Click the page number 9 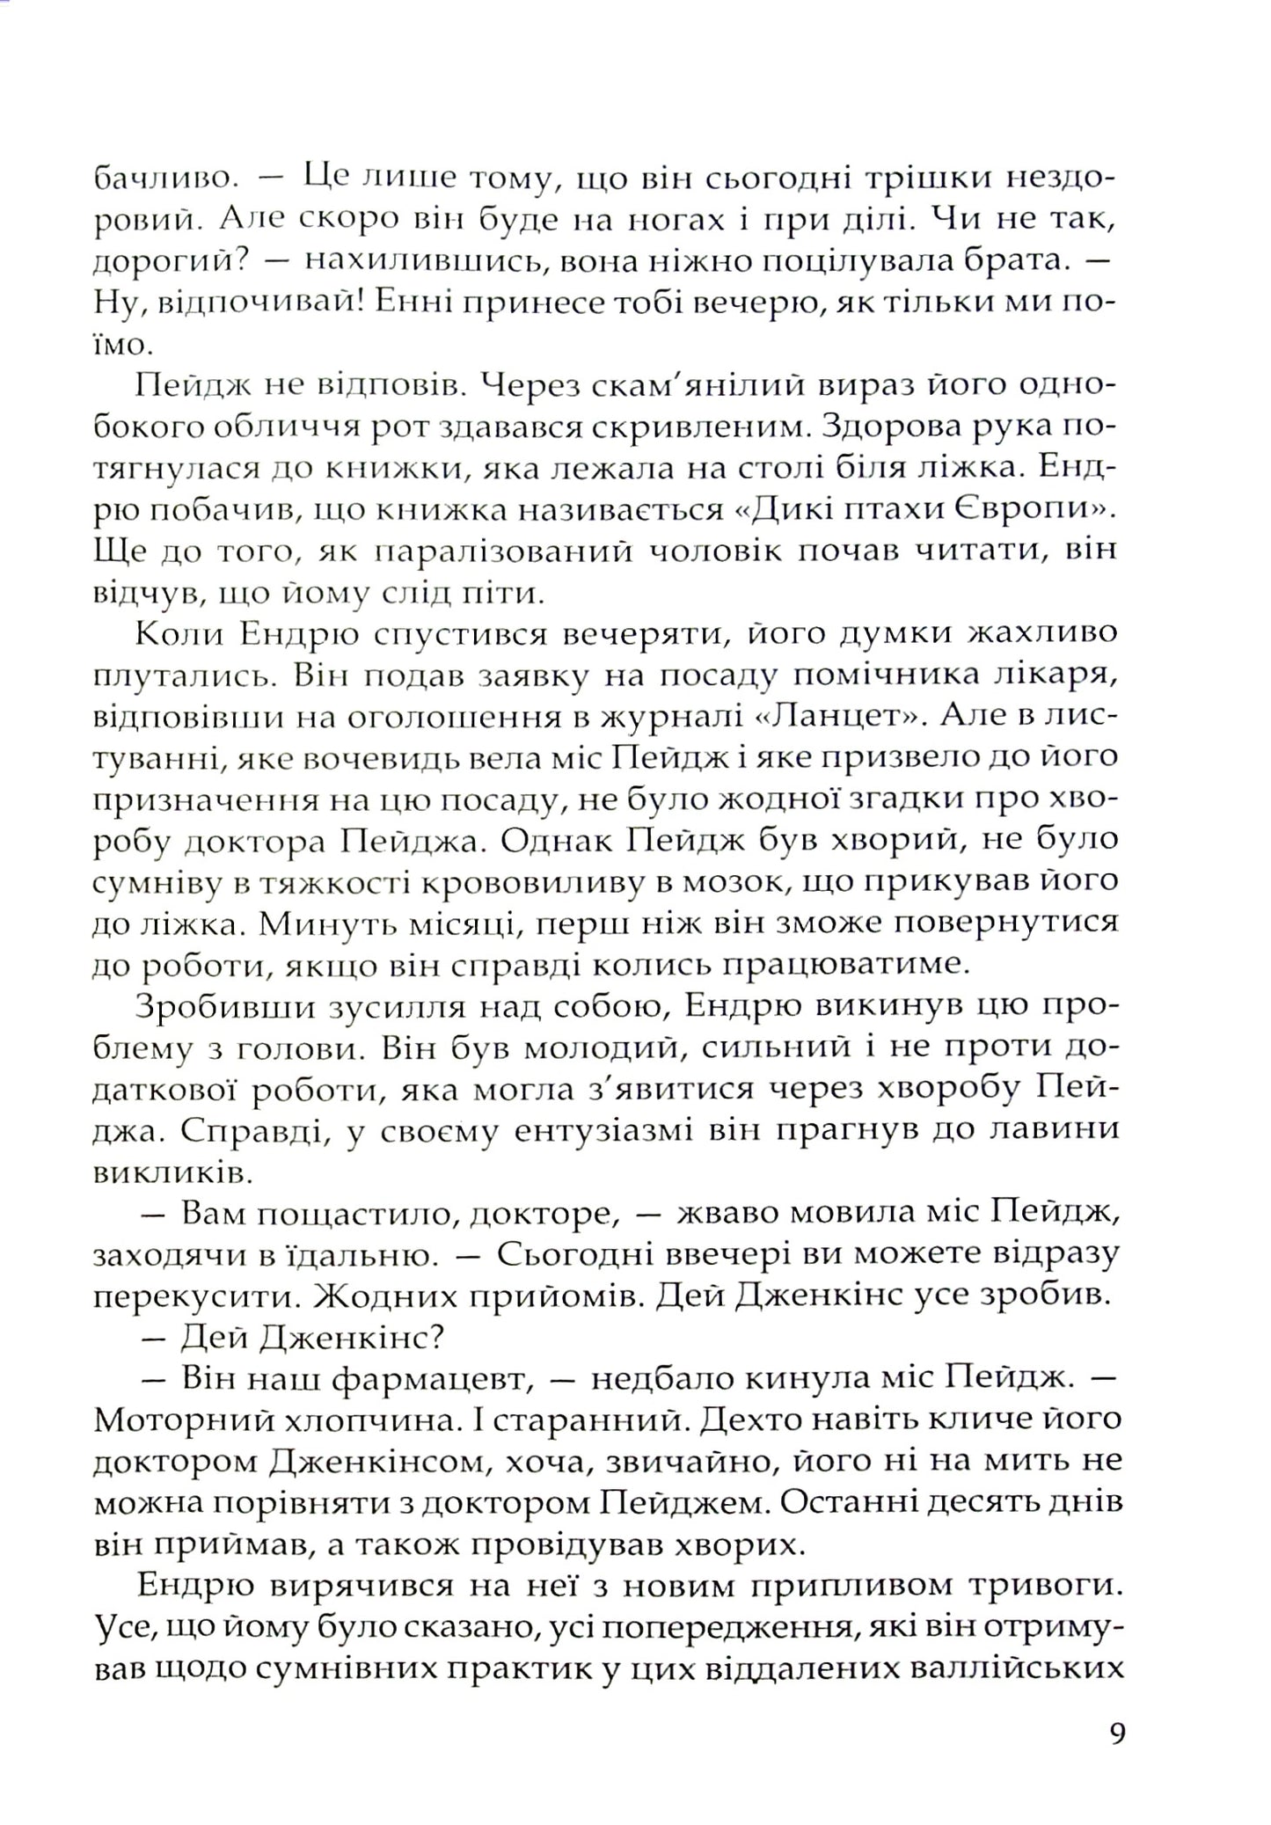tap(1117, 1734)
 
